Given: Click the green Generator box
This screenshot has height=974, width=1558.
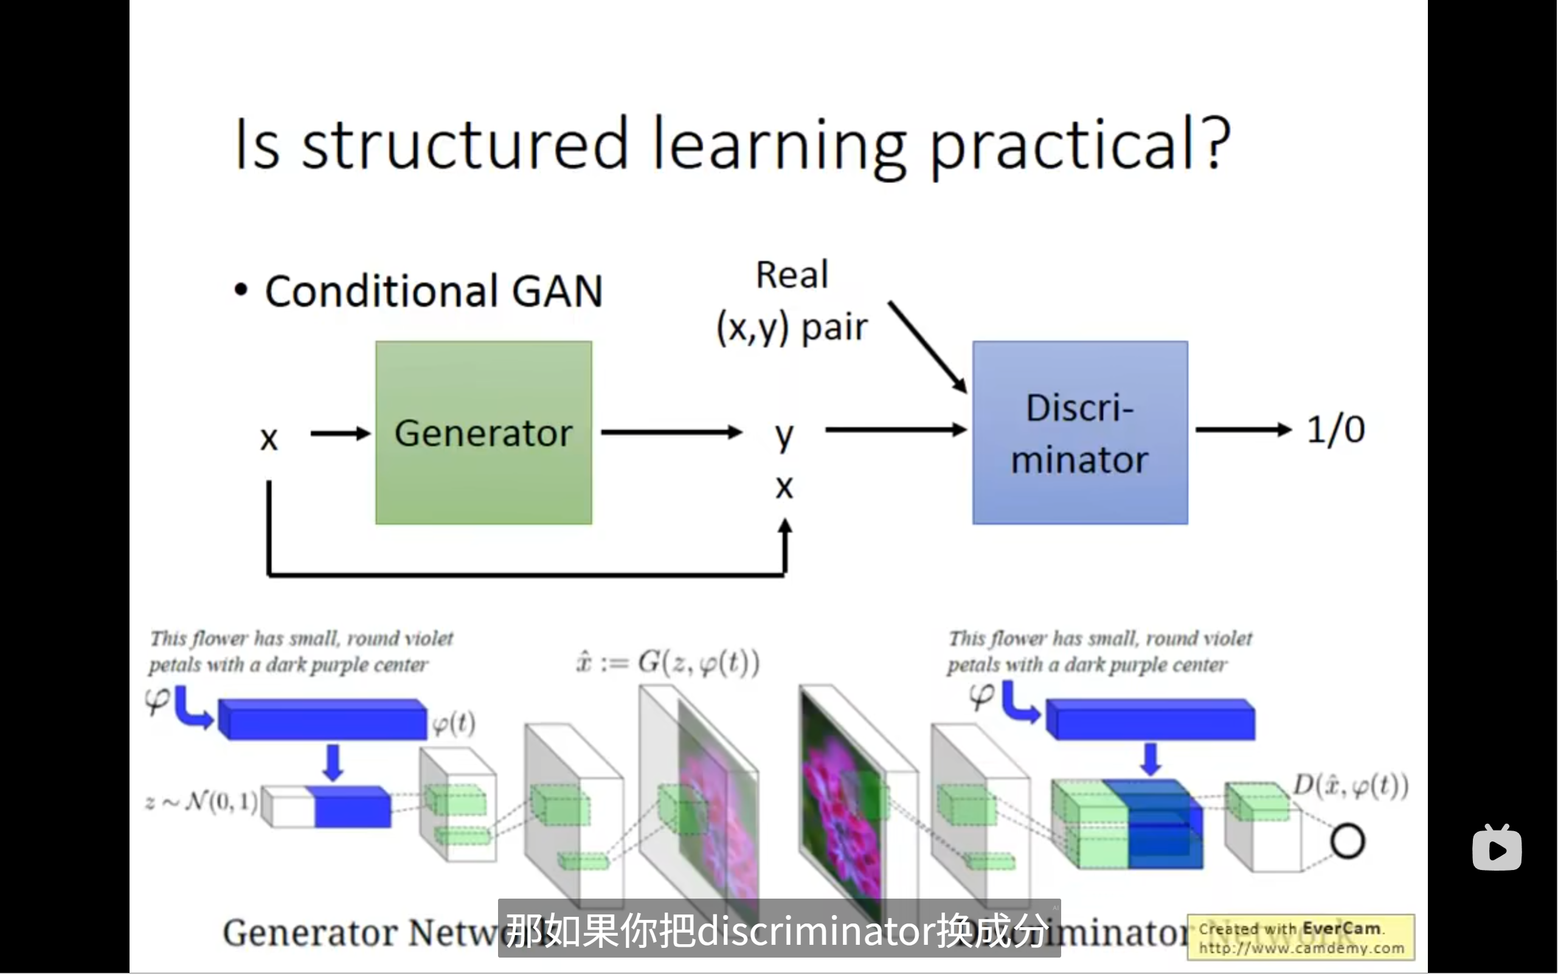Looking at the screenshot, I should pos(483,432).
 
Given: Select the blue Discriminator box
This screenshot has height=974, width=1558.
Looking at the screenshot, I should pos(1080,432).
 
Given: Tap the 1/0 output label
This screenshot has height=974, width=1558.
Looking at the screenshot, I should pos(1335,429).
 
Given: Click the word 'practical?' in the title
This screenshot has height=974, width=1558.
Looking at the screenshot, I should pos(1081,144).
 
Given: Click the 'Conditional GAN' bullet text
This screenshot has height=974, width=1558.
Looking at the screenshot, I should pos(434,291).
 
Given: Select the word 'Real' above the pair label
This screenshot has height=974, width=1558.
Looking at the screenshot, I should pos(792,275).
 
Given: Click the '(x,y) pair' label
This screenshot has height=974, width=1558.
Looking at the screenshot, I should pos(792,327).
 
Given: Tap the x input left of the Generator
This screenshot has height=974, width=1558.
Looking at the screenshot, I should pos(269,439).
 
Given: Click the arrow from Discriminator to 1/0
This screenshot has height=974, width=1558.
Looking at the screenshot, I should pos(1243,430).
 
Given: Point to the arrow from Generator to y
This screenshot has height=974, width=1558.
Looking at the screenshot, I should pos(671,432).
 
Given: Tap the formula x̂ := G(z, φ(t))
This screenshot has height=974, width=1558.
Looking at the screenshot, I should pos(668,662).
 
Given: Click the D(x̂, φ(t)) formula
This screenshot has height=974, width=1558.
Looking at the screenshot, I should pos(1351,786).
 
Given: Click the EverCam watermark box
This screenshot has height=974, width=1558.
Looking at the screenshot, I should pos(1300,938).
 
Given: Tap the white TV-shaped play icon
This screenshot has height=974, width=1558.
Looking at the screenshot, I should pos(1497,848).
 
